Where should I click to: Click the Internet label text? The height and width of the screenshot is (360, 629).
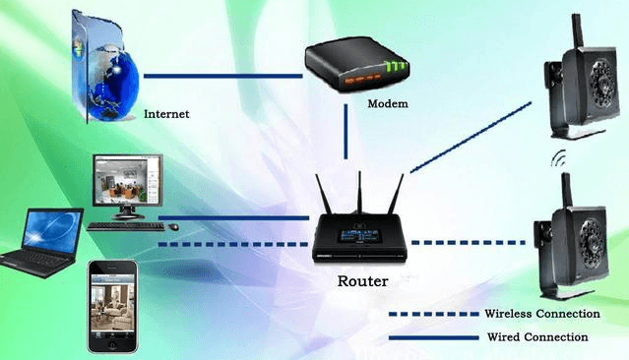coord(166,114)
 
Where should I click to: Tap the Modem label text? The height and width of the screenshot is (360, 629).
coord(388,102)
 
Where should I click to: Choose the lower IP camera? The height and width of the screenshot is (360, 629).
coord(575,236)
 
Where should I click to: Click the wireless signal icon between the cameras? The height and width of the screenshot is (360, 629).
coord(561,157)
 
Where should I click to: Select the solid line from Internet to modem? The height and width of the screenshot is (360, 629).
coord(221,75)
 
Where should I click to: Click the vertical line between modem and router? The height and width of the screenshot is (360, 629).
coord(346,133)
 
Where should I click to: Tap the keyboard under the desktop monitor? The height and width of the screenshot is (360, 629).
coord(125,225)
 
